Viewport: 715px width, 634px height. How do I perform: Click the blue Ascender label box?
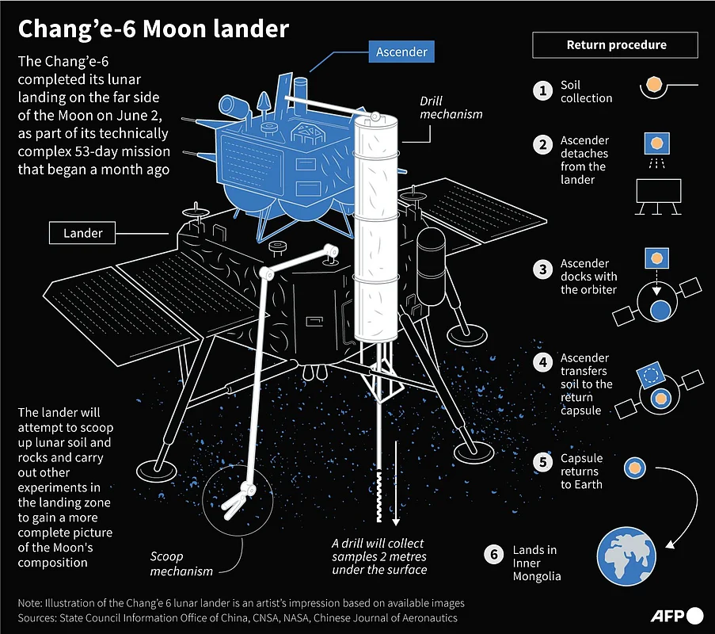pyautogui.click(x=401, y=52)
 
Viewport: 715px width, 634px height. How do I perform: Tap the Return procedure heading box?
pyautogui.click(x=616, y=45)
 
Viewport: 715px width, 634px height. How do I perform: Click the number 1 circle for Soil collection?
pyautogui.click(x=542, y=90)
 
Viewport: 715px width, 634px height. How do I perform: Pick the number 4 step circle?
pyautogui.click(x=542, y=363)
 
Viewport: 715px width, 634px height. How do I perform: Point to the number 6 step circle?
pyautogui.click(x=494, y=554)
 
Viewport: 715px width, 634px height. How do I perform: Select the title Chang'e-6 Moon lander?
pyautogui.click(x=153, y=30)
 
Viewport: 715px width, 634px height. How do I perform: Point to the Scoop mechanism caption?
pyautogui.click(x=182, y=563)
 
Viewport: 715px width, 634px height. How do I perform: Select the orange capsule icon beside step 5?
pyautogui.click(x=634, y=468)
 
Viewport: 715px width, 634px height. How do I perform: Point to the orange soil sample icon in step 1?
pyautogui.click(x=654, y=84)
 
